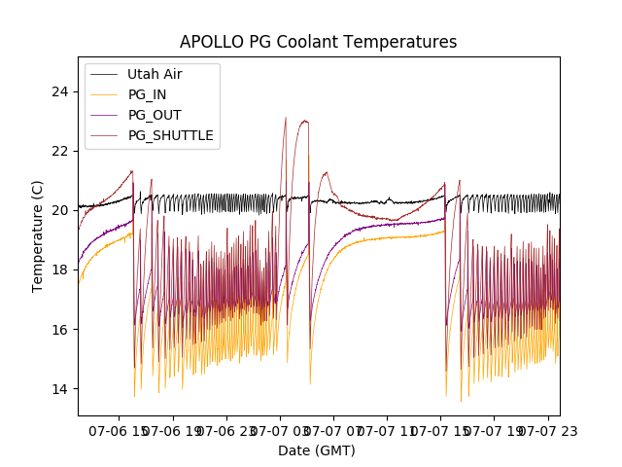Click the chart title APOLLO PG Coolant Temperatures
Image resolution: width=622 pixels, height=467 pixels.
(318, 42)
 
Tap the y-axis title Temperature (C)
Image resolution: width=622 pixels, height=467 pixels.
(38, 235)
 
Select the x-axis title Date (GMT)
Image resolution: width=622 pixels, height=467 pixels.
(317, 450)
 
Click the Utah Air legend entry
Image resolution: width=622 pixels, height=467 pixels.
(155, 74)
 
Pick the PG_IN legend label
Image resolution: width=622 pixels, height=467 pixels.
(147, 94)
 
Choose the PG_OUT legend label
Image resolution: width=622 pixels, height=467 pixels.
(152, 115)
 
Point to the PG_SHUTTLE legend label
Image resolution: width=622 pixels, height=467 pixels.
(170, 135)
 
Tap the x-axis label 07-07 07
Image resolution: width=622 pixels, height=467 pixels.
(333, 430)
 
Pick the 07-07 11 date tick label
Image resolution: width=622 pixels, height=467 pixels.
(387, 430)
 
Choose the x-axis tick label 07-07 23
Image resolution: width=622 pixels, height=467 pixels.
(545, 430)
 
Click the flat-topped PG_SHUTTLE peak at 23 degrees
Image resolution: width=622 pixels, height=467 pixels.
(304, 122)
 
